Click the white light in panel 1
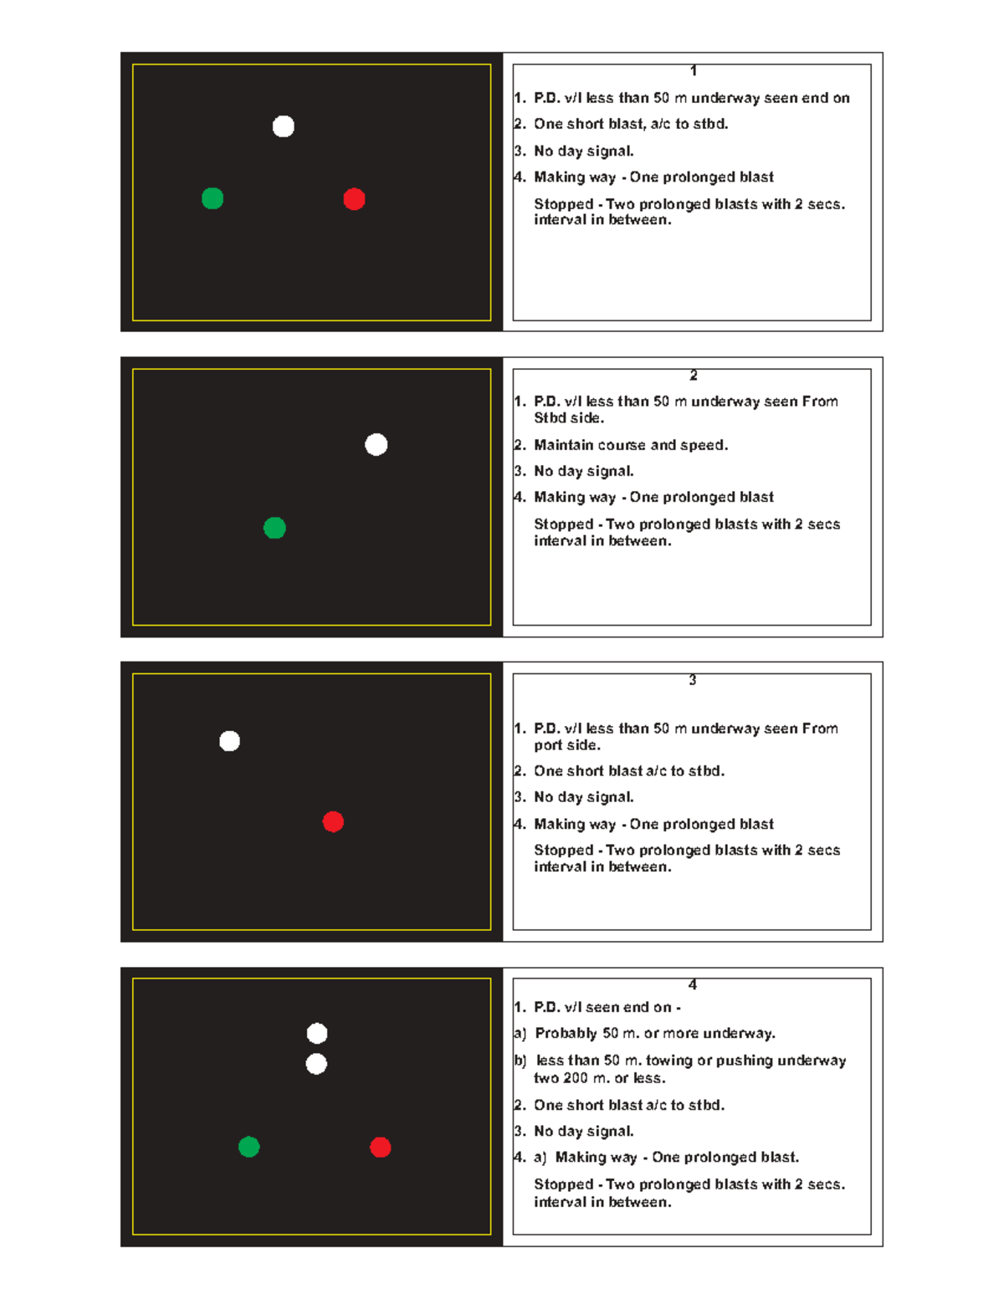(283, 126)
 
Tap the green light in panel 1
(213, 198)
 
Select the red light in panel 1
(354, 199)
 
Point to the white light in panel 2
(376, 445)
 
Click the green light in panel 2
(274, 528)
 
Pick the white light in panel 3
(229, 741)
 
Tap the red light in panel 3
(333, 822)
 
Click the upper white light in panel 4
(317, 1034)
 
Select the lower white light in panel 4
(316, 1064)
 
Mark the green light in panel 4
(248, 1147)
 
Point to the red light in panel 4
(381, 1148)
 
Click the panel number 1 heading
(694, 70)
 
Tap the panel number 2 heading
(694, 375)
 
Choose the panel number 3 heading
(693, 680)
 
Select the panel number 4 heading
(693, 984)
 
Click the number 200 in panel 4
(576, 1078)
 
